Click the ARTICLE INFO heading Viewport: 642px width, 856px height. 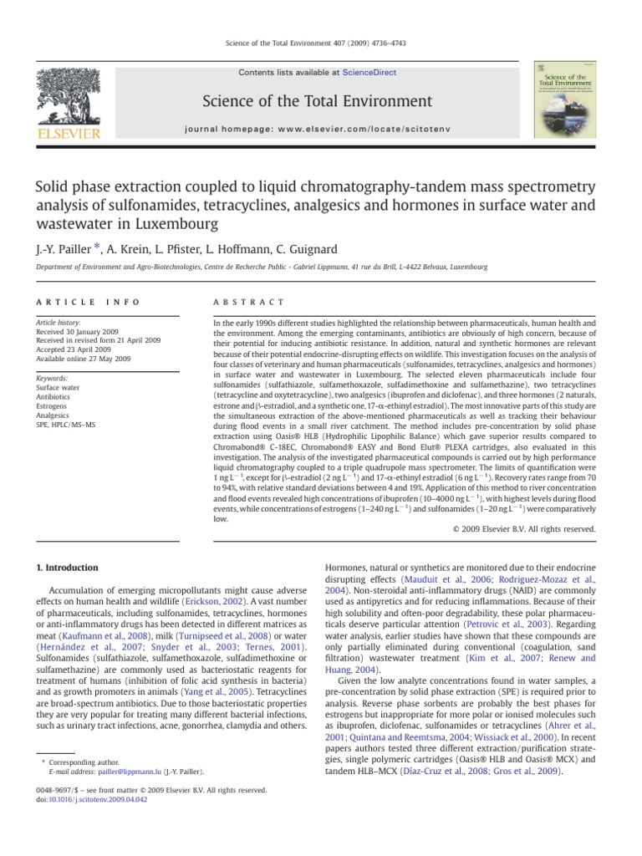pos(74,301)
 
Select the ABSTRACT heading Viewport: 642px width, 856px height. pos(250,301)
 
